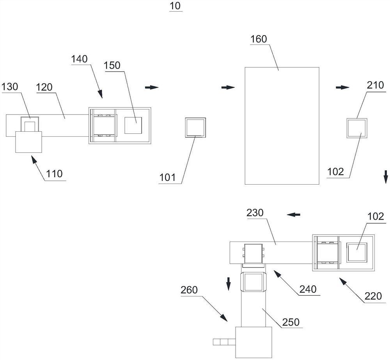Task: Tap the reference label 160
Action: click(x=259, y=39)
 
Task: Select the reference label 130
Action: click(x=9, y=87)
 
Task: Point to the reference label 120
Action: click(x=44, y=87)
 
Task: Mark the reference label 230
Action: click(x=255, y=213)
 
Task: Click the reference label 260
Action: click(x=190, y=290)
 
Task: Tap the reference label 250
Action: click(x=291, y=322)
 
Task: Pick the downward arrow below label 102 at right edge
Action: click(x=385, y=174)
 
